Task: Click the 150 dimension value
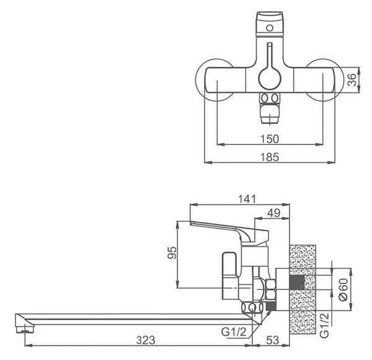[x=270, y=139]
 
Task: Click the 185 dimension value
[x=270, y=157]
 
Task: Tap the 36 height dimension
[x=352, y=80]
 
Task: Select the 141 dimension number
[x=247, y=200]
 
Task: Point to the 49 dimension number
[x=273, y=213]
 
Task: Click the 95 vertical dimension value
[x=172, y=253]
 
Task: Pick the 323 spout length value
[x=146, y=340]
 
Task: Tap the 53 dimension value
[x=273, y=340]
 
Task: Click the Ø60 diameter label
[x=343, y=289]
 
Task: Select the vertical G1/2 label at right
[x=325, y=325]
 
